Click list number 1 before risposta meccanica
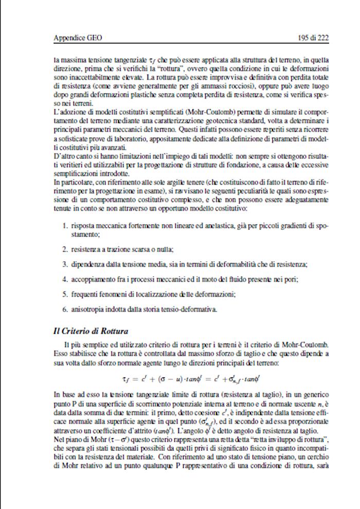[x=65, y=225]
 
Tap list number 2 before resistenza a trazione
[x=65, y=249]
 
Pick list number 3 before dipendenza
[x=65, y=264]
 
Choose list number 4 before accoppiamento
[x=65, y=279]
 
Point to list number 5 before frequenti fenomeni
[x=65, y=294]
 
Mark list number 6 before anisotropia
[x=65, y=309]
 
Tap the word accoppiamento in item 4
[x=94, y=279]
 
